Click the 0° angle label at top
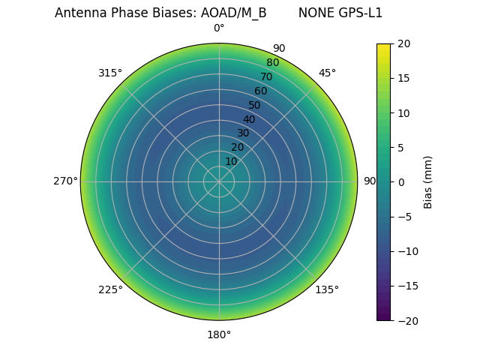[x=219, y=28]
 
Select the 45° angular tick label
[x=327, y=73]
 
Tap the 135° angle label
[x=327, y=289]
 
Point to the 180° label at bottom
[x=219, y=334]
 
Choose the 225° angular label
[x=110, y=289]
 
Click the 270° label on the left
[x=65, y=181]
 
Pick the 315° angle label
[x=110, y=73]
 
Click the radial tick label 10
[x=231, y=161]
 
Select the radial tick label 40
[x=249, y=119]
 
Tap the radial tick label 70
[x=266, y=76]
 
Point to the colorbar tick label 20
[x=403, y=43]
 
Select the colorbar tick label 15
[x=403, y=78]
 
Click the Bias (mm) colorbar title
[x=428, y=182]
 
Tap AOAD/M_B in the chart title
[x=233, y=13]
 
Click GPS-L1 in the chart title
[x=361, y=13]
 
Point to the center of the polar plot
[x=219, y=181]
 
